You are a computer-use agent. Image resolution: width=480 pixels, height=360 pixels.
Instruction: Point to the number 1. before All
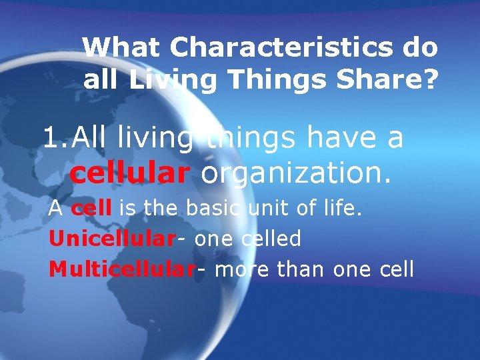(55, 138)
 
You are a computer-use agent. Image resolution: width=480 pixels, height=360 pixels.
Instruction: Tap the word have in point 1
(343, 138)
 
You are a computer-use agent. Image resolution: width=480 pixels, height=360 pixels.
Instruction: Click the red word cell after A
(91, 209)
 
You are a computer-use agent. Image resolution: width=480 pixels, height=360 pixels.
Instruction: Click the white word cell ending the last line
(396, 269)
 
